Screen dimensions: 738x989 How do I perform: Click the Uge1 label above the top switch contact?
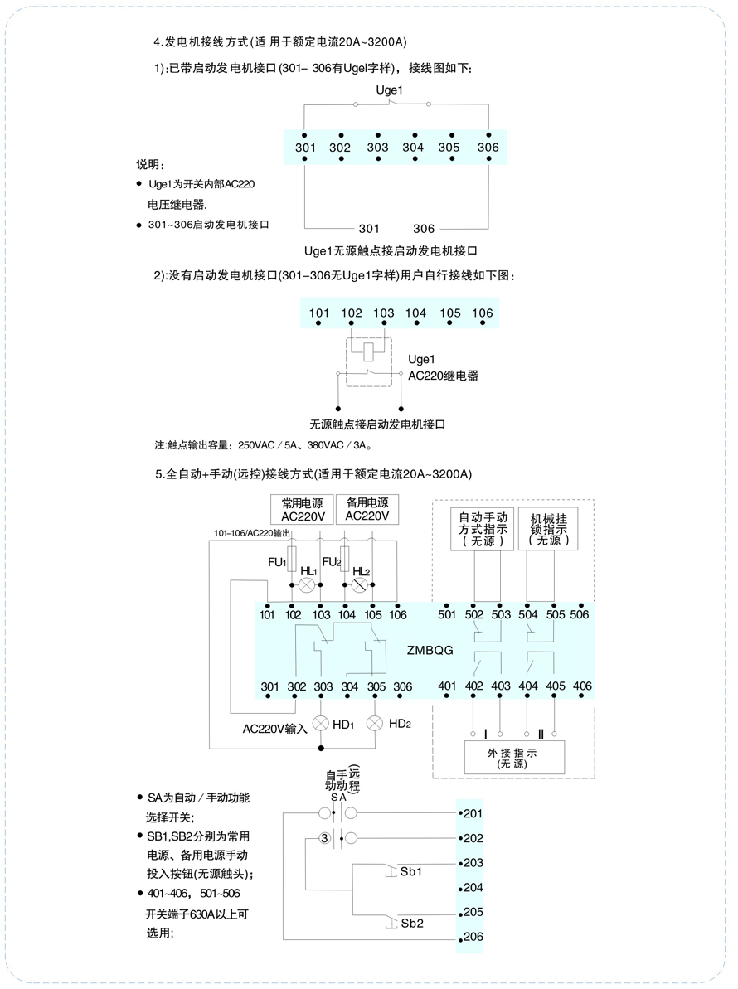(389, 90)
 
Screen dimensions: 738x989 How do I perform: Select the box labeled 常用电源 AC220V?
(303, 510)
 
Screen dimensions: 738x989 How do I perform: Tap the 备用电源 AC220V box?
(367, 509)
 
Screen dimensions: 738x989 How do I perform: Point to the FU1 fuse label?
(277, 562)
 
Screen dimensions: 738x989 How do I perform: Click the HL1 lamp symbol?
(307, 585)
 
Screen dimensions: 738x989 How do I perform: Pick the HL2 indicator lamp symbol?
(359, 585)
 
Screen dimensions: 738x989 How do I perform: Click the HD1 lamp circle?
(321, 724)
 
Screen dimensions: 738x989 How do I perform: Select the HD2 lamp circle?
(375, 723)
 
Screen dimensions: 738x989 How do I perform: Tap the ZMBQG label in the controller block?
(430, 650)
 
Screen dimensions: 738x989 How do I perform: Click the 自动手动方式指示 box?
(483, 529)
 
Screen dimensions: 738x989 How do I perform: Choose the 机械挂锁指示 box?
(548, 529)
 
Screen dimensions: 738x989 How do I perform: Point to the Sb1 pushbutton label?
(411, 871)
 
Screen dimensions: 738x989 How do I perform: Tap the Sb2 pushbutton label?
(412, 924)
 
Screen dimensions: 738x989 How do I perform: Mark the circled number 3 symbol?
(325, 838)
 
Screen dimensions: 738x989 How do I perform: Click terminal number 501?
(447, 614)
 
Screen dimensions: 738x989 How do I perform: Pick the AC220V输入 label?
(275, 730)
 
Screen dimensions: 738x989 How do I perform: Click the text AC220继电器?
(444, 376)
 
